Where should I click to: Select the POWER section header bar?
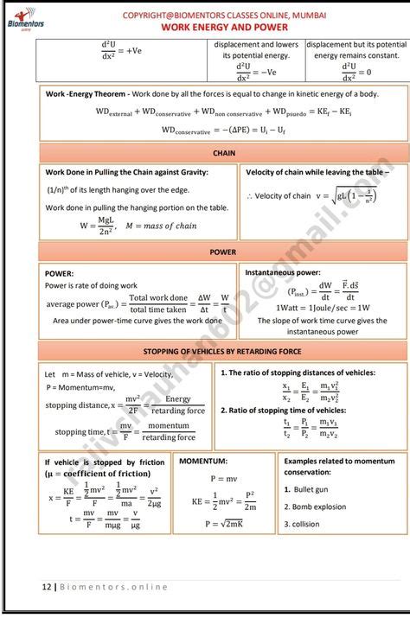tap(223, 252)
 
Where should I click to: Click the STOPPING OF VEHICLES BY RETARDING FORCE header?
tap(223, 352)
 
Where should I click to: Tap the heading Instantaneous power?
tap(283, 272)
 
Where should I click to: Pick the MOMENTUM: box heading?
tap(203, 462)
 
